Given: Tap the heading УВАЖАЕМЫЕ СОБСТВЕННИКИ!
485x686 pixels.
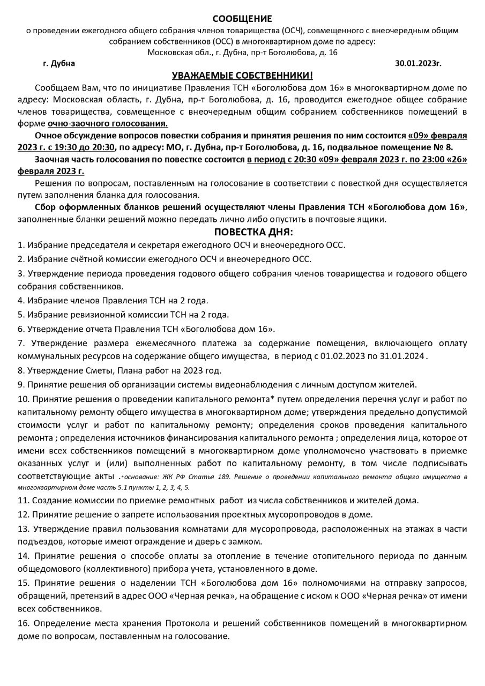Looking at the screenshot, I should (x=242, y=76).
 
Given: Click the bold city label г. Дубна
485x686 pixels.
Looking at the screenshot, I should (x=59, y=63).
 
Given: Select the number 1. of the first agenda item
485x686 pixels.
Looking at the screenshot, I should (x=21, y=245).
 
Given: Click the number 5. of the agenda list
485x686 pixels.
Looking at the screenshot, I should (x=21, y=314).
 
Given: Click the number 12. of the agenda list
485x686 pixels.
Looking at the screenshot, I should (x=23, y=515).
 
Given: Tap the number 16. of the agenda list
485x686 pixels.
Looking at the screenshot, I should (x=23, y=623).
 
